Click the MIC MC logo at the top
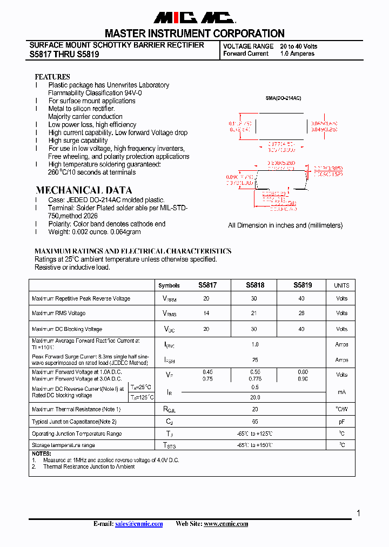pos(194,18)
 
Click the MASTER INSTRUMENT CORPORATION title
pos(194,34)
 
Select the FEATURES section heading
pos(52,77)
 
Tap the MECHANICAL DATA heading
pos(83,190)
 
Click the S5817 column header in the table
pos(207,285)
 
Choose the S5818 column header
pos(255,285)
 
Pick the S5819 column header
pos(303,285)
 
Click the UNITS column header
pos(341,285)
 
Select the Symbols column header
pos(169,285)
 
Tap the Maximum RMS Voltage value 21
pos(255,313)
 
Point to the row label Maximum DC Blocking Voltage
pos(67,329)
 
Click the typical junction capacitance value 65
pos(255,422)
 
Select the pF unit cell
pos(341,422)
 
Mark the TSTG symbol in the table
pos(169,445)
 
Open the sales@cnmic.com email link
pos(139,524)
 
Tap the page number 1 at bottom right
pos(358,513)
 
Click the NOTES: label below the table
pos(41,453)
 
